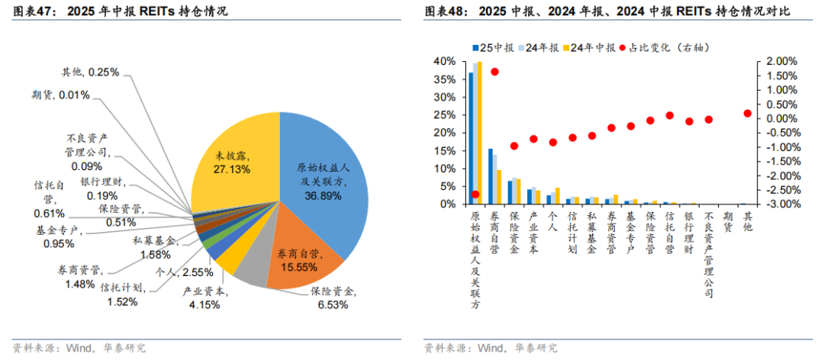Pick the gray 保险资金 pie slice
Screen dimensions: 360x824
click(x=256, y=271)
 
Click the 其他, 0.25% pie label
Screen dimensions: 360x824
click(x=89, y=72)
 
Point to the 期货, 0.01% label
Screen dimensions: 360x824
click(x=60, y=95)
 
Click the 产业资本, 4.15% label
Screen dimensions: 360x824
click(x=201, y=298)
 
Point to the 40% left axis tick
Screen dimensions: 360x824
click(x=445, y=61)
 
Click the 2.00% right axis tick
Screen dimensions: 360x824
click(x=779, y=61)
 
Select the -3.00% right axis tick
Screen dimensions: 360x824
click(x=777, y=204)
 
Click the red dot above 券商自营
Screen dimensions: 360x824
click(x=494, y=72)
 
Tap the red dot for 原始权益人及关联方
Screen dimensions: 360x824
click(x=475, y=194)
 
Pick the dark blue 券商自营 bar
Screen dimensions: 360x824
click(x=490, y=176)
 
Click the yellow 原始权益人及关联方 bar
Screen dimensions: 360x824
click(x=480, y=133)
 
